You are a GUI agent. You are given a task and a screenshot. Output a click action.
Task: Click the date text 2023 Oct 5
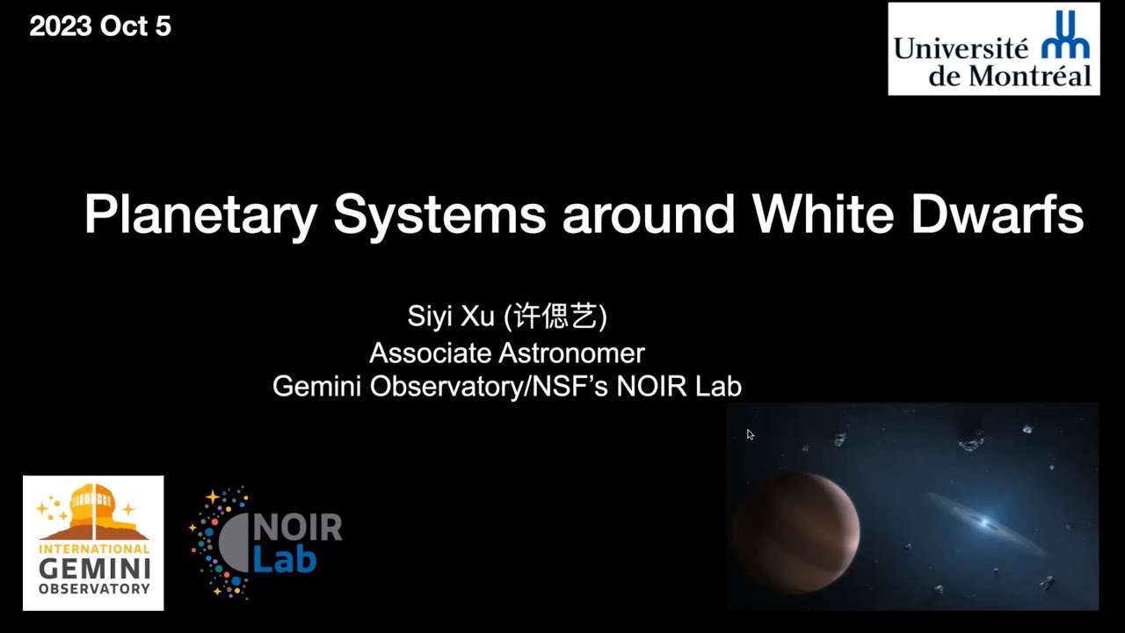coord(100,26)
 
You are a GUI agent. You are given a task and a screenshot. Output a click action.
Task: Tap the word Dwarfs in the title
coord(997,214)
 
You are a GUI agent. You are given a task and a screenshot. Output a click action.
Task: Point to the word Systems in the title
coord(439,215)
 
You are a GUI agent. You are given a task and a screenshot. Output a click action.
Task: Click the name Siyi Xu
coord(451,316)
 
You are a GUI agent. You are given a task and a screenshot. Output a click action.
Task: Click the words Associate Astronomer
coord(507,353)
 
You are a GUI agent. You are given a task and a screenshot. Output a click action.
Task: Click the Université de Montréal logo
coord(993,48)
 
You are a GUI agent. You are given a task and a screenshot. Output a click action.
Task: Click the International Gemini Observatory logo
coord(93,542)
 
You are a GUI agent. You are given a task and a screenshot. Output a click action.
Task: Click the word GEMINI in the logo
coord(94,569)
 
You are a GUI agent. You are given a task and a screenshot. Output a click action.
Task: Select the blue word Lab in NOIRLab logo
coord(285,558)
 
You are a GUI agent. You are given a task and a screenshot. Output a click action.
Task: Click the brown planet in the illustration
coord(795,533)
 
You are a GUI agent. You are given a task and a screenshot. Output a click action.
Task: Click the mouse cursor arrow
coord(750,434)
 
